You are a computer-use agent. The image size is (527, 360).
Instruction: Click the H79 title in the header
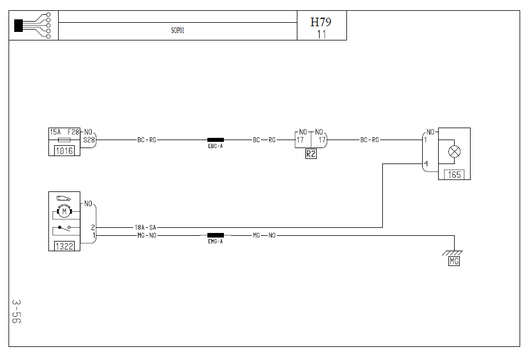tap(321, 22)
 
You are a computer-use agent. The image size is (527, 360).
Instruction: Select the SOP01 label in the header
tap(178, 31)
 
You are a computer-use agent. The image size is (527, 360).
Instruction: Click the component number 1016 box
tap(64, 151)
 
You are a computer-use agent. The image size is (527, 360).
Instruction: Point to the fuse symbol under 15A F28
tap(64, 140)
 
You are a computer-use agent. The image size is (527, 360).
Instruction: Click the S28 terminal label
tap(89, 140)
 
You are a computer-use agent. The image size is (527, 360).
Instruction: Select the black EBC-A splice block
tap(215, 140)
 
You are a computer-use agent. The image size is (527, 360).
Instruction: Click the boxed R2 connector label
tap(311, 154)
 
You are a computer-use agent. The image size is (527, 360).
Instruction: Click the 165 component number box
tap(454, 175)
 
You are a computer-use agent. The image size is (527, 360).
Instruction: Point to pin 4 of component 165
tap(426, 165)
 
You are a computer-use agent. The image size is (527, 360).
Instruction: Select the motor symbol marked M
tap(64, 212)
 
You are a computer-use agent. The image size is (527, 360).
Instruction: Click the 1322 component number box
tap(64, 246)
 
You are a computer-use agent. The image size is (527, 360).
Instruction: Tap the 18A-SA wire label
tap(145, 227)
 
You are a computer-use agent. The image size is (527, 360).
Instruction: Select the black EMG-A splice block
tap(215, 235)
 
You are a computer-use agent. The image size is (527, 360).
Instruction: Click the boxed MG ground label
tap(454, 261)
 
